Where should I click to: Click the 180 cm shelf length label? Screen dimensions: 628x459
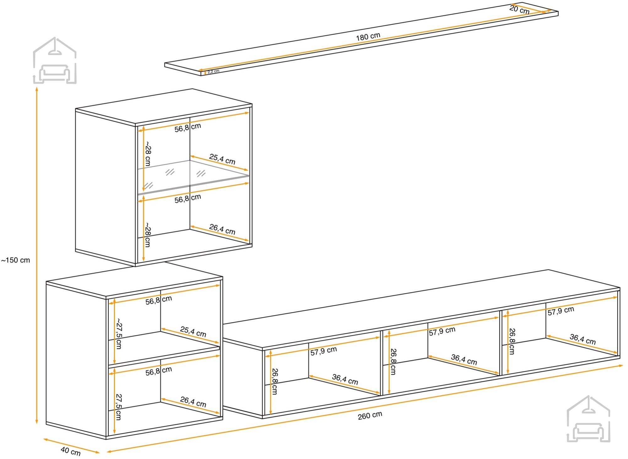point(368,37)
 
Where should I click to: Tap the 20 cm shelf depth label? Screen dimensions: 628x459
point(519,9)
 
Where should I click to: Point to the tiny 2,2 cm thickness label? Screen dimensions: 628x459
point(213,71)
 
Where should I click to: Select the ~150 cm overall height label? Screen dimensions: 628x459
point(16,260)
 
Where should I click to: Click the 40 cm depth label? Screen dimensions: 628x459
point(71,451)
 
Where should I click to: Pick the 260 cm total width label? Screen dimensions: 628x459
point(370,416)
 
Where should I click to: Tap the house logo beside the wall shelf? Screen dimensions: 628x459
point(55,60)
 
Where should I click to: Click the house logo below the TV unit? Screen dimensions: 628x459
point(588,419)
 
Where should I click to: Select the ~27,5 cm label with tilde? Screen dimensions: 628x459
point(119,334)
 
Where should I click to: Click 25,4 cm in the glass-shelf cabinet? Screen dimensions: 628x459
point(222,159)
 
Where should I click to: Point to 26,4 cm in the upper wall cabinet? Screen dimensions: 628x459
point(222,229)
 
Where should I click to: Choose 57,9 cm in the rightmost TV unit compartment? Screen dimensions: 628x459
point(561,311)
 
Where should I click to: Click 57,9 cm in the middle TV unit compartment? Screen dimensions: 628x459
point(442,331)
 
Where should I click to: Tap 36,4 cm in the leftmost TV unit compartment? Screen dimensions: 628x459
point(345,379)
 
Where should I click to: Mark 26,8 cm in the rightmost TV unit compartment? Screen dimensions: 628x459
point(512,341)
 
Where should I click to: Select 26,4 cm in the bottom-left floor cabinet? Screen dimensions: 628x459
point(193,402)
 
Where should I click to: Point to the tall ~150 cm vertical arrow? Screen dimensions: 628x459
point(37,255)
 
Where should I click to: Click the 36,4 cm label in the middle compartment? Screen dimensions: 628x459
point(464,359)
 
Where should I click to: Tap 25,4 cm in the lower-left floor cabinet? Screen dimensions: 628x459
point(193,332)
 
